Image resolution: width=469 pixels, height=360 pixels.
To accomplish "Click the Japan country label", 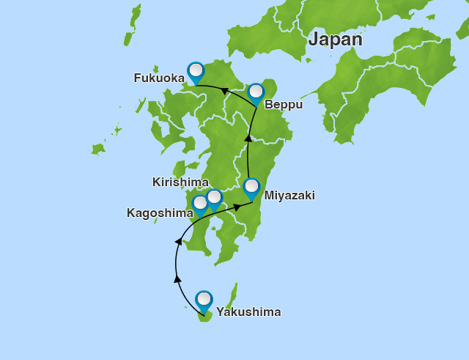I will tap(335, 40).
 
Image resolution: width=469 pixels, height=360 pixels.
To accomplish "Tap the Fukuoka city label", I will tap(158, 78).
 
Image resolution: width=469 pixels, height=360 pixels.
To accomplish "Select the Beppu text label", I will tap(284, 105).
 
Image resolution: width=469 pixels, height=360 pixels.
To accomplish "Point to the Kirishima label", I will tap(180, 182).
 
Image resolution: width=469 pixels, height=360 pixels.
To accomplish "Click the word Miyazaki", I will tap(289, 196).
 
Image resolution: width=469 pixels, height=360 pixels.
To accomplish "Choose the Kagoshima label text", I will tap(160, 213).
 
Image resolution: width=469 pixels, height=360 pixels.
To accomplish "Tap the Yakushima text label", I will tap(248, 312).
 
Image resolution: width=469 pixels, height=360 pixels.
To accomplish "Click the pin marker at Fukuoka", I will tap(196, 72).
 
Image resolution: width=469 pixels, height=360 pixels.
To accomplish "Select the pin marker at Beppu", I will tap(256, 92).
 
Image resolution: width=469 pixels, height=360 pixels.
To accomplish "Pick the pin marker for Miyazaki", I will tap(251, 188).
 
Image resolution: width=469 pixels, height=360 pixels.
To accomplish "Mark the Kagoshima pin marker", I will tap(200, 204).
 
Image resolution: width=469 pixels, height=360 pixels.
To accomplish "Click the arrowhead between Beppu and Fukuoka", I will tap(225, 92).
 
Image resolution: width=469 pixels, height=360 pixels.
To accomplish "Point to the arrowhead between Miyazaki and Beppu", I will tap(248, 138).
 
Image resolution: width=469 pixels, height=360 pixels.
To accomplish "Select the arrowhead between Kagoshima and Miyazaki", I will tap(237, 207).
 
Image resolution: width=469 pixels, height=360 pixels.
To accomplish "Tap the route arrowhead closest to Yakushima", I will tap(177, 279).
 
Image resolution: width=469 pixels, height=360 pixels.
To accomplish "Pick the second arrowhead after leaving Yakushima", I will tap(178, 241).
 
